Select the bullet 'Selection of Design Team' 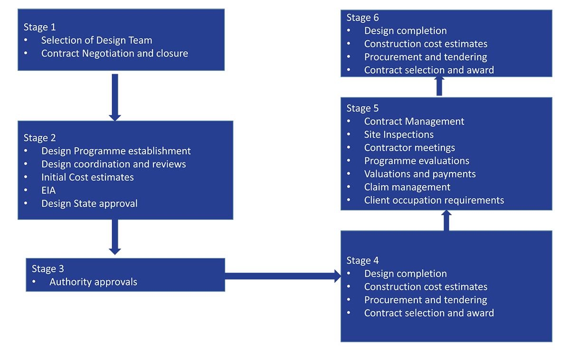tap(96, 40)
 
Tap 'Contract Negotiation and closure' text tap(114, 54)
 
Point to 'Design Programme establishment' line tap(116, 151)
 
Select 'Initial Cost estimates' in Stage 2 tap(87, 177)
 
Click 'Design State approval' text tap(89, 204)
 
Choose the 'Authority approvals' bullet tap(93, 282)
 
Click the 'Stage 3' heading tap(47, 269)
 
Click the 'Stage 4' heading tap(362, 260)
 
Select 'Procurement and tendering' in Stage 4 tap(425, 300)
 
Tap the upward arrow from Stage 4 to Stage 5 tap(446, 221)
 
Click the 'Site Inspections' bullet tap(399, 135)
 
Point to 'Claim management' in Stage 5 tap(407, 187)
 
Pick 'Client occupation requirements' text tap(434, 200)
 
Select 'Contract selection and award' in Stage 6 tap(428, 70)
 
